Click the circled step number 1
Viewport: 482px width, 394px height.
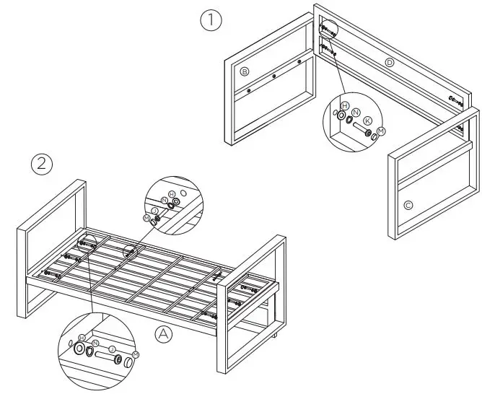210,21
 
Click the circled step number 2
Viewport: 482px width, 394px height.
42,164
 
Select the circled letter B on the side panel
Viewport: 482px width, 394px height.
245,71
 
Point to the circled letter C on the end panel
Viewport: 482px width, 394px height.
408,206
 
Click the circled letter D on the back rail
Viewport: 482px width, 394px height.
390,63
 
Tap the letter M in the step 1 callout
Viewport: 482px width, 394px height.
382,130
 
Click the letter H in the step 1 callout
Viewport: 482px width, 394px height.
345,106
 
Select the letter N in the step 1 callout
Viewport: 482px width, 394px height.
356,113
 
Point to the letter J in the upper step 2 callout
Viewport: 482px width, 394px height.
154,210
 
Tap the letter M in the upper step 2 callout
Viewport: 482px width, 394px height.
146,217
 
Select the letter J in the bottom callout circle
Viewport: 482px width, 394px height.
112,348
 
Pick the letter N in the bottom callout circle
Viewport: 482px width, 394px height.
95,343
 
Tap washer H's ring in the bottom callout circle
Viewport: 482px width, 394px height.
79,349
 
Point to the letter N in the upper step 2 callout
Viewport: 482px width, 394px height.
164,200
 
